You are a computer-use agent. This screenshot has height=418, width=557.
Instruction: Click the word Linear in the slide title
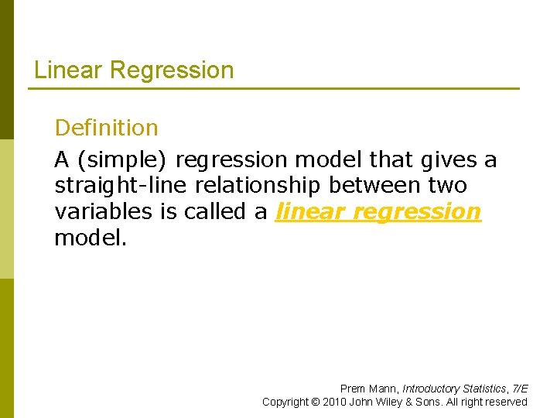click(69, 70)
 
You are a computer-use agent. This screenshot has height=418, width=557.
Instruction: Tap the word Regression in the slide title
click(172, 70)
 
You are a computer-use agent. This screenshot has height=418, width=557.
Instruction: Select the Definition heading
click(106, 128)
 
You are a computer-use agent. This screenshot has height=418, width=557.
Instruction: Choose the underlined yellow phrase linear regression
click(378, 212)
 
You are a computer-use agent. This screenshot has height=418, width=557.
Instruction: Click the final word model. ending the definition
click(87, 238)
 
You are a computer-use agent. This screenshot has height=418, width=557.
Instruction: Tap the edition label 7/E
click(520, 389)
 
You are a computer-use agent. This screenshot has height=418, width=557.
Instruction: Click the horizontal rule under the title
click(274, 88)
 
